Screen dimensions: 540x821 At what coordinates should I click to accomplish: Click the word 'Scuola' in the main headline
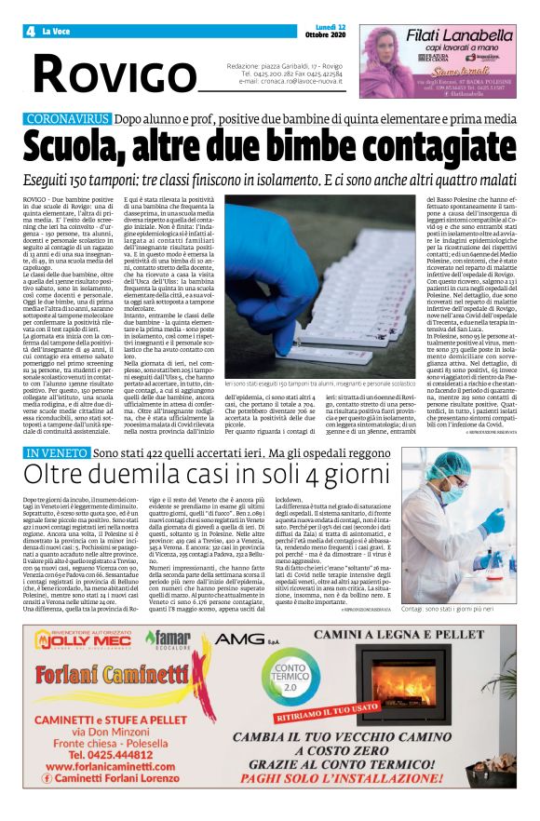point(78,148)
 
